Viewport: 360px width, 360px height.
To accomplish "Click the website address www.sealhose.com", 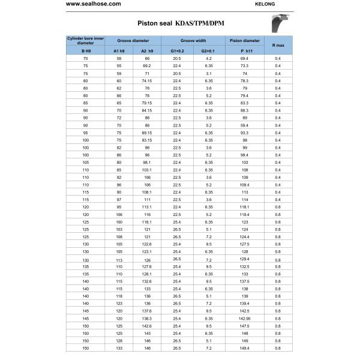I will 93,5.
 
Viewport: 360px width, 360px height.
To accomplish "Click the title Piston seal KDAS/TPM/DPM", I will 172,23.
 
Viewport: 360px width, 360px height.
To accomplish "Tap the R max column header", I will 278,44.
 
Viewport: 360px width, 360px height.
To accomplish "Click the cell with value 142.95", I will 244,318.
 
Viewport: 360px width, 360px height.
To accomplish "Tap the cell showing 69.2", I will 147,65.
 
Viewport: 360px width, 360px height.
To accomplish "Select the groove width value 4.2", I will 208,58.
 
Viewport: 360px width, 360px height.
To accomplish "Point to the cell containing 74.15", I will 147,80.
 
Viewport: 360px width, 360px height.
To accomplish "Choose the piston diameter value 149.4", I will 244,347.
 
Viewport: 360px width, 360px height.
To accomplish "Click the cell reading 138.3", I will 147,318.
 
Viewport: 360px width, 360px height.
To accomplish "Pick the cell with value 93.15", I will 147,140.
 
